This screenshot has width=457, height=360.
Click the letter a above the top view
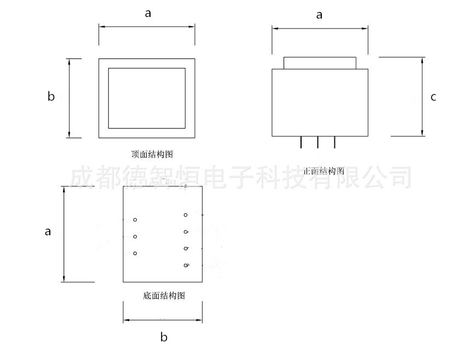[x=148, y=14]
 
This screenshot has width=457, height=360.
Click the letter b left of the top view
[x=51, y=97]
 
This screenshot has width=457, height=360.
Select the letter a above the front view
[x=319, y=15]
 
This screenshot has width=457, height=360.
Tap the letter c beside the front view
[x=433, y=97]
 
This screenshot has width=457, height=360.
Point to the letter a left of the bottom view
[x=48, y=231]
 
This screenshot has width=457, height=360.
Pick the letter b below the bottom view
[x=164, y=337]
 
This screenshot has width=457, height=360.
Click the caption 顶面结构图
[x=152, y=155]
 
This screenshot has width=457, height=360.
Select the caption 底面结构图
[x=164, y=296]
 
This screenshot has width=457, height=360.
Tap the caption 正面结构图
[x=323, y=171]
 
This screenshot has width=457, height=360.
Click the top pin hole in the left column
[x=135, y=220]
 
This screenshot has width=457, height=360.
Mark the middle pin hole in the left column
[x=135, y=237]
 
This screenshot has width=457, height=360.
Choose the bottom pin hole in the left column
[x=135, y=253]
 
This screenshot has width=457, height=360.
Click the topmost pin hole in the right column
[x=186, y=215]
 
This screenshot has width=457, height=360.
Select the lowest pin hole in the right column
[x=186, y=266]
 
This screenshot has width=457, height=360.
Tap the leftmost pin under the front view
[x=301, y=142]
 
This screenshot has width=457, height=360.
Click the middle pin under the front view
[x=318, y=142]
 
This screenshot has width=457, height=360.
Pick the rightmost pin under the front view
[x=335, y=142]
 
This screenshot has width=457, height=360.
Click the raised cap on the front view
[x=320, y=62]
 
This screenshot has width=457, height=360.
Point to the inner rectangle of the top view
[x=147, y=98]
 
